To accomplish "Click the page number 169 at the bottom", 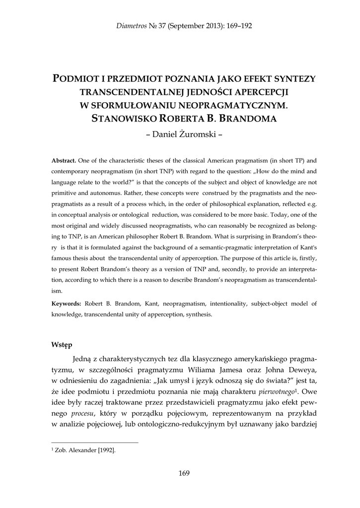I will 184,473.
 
